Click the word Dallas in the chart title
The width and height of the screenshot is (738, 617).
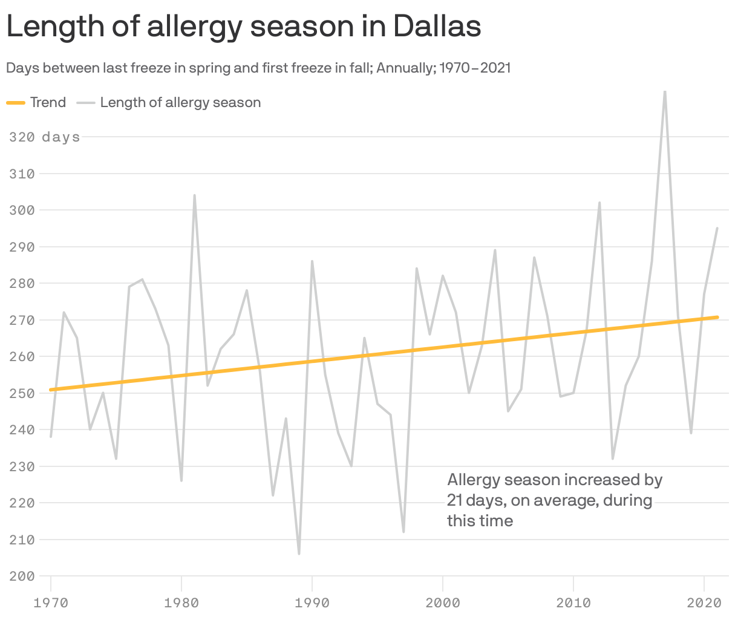click(436, 26)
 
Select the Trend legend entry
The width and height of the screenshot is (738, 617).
click(36, 103)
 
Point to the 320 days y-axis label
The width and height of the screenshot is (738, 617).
click(44, 137)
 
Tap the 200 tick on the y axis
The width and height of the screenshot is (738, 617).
click(22, 576)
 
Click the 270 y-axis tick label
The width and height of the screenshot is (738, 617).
click(22, 320)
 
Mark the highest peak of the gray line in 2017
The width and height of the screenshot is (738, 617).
click(665, 92)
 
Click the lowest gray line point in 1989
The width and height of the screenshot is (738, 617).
click(299, 553)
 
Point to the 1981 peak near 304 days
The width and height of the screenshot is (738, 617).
click(194, 195)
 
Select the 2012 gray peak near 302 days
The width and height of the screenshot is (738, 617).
click(599, 203)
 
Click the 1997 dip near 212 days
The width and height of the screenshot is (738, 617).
click(403, 532)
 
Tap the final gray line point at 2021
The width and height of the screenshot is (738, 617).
click(717, 228)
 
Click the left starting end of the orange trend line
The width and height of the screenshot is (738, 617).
click(51, 390)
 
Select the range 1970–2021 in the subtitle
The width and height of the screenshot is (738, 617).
click(475, 68)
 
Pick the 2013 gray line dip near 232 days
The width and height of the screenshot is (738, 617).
click(613, 459)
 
